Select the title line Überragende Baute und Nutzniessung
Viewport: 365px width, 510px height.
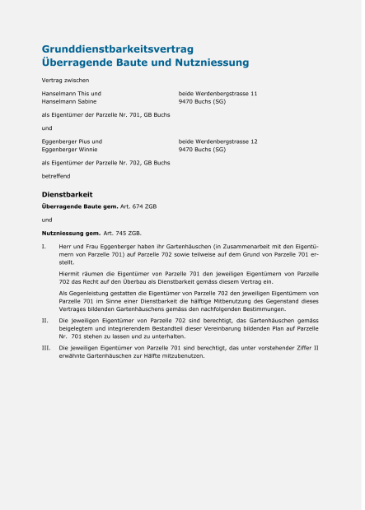click(145, 63)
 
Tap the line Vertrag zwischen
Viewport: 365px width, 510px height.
click(65, 80)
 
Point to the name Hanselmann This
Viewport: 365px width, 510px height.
click(66, 94)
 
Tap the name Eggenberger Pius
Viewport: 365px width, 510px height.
click(68, 141)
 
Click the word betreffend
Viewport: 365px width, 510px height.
click(56, 176)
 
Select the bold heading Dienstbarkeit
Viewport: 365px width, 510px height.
click(67, 194)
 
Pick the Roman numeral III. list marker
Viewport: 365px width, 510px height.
click(46, 348)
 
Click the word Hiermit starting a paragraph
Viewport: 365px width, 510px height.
click(71, 272)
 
